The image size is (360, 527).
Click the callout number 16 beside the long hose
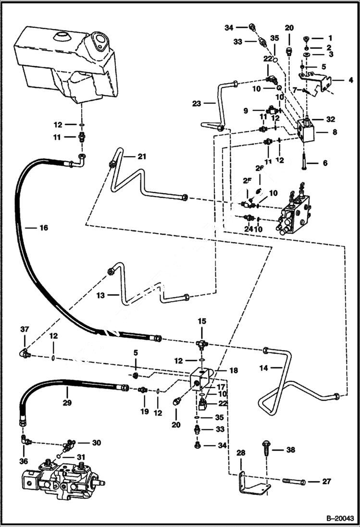point(43,228)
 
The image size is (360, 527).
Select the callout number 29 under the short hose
point(67,403)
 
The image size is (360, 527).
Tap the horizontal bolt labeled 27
point(290,480)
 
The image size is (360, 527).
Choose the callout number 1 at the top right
point(330,37)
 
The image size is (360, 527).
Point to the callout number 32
point(329,119)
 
